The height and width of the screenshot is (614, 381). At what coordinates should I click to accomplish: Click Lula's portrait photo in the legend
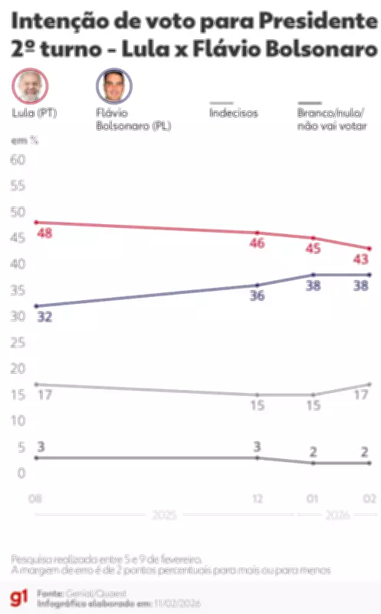tap(29, 86)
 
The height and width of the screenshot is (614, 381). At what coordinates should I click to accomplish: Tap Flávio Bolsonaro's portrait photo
tap(113, 86)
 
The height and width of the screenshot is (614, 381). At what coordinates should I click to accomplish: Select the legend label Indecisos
tap(233, 113)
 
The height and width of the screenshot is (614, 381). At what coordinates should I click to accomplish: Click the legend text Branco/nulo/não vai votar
tap(330, 119)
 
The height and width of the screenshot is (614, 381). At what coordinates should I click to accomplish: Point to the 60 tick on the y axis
tap(17, 159)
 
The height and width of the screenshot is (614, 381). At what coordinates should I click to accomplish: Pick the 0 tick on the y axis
tap(21, 473)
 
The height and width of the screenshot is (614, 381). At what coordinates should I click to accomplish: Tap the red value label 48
tap(44, 233)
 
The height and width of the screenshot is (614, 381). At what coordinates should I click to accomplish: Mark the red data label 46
tap(257, 243)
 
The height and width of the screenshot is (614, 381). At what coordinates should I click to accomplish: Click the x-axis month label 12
tap(258, 499)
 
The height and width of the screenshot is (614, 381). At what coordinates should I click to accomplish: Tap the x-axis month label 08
tap(35, 499)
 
